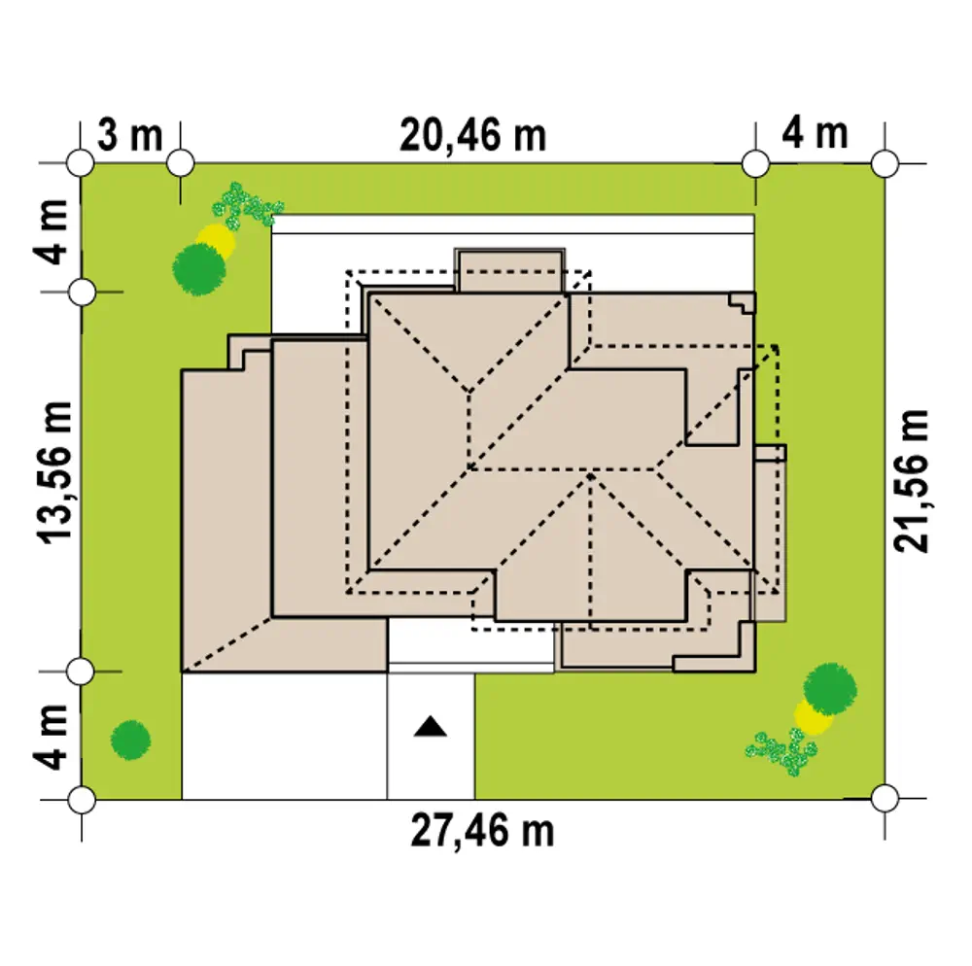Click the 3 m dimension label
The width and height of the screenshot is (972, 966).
[130, 135]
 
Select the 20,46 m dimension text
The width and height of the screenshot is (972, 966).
[473, 136]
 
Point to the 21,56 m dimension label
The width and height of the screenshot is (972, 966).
[912, 481]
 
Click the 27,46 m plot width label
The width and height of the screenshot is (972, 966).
[482, 831]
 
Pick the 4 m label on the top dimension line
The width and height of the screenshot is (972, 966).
[815, 133]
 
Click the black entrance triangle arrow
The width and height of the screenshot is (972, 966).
[431, 726]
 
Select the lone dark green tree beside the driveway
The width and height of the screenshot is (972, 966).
[131, 740]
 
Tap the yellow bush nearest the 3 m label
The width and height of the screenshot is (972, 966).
[218, 240]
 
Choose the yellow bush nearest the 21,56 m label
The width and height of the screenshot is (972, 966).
[814, 717]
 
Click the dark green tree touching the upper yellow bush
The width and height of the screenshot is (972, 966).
[199, 269]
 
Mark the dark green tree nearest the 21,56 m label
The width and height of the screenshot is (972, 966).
[830, 689]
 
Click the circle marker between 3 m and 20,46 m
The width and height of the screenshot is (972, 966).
[181, 163]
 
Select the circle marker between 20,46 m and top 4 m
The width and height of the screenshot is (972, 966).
[755, 164]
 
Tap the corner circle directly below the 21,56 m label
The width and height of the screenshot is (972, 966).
[885, 798]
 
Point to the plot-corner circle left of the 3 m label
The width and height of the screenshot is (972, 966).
[80, 163]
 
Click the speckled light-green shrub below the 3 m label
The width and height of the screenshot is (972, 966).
[246, 205]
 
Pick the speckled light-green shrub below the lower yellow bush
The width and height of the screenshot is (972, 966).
[782, 751]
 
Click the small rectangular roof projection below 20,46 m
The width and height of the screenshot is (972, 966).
[509, 271]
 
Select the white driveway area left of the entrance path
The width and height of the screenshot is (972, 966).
[285, 736]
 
